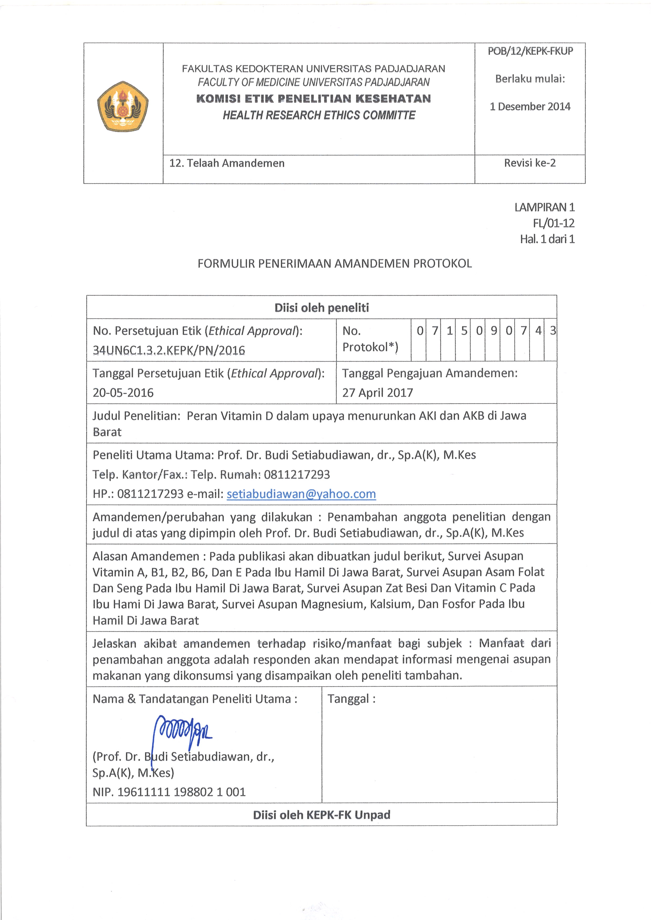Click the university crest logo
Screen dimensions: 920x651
click(x=123, y=106)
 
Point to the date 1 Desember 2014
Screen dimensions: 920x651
click(x=530, y=107)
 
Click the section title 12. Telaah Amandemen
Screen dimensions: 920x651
click(x=227, y=163)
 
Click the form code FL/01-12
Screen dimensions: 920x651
click(x=554, y=223)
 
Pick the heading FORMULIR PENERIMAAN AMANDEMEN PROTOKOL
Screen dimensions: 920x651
click(x=335, y=264)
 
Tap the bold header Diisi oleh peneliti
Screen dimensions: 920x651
click(x=322, y=308)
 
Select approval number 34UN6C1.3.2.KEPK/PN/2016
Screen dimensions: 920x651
click(x=169, y=350)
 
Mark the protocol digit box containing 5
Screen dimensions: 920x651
click(x=464, y=331)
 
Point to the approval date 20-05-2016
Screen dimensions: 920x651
click(x=123, y=393)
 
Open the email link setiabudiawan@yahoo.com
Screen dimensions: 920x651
click(x=301, y=494)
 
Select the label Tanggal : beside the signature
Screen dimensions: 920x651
click(x=351, y=699)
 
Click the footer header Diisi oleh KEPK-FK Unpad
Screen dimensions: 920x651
click(x=322, y=815)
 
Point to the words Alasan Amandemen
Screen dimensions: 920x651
click(x=146, y=557)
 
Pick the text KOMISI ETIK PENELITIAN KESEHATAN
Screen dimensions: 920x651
click(x=313, y=99)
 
